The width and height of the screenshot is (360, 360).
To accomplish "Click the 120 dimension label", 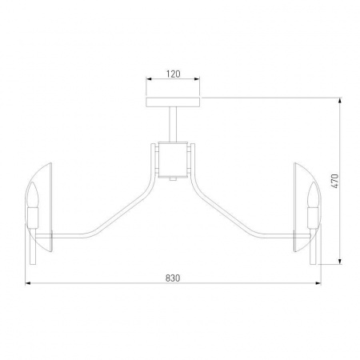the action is [x=174, y=74].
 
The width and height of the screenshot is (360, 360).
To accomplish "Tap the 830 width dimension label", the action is [x=173, y=278].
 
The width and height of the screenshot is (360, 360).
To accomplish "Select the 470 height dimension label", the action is [x=334, y=182].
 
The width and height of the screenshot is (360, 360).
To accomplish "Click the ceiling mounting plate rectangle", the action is [x=173, y=102].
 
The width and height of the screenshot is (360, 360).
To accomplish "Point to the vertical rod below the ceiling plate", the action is [x=173, y=124].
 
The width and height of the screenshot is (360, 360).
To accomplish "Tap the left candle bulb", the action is [x=33, y=194].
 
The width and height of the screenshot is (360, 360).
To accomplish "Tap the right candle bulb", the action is [x=313, y=194].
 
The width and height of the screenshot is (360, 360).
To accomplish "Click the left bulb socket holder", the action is [x=33, y=218].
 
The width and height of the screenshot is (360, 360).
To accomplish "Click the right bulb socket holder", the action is [x=313, y=218].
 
